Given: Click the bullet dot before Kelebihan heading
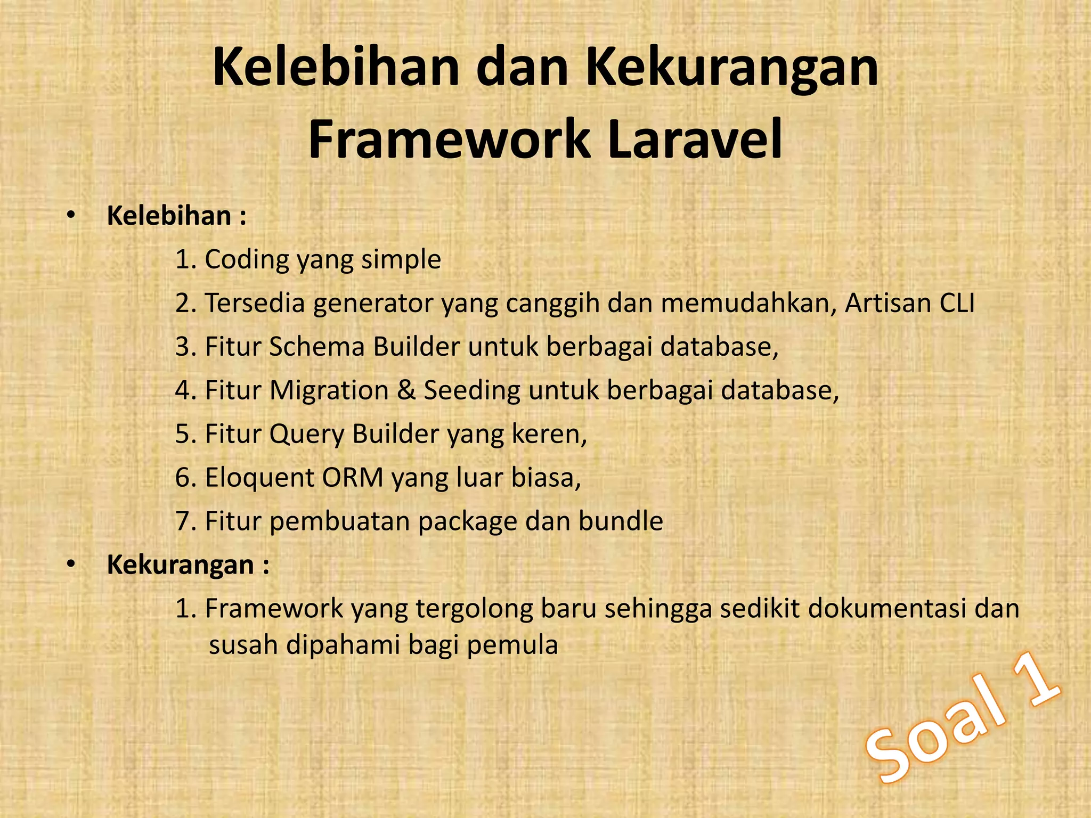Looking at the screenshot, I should tap(71, 216).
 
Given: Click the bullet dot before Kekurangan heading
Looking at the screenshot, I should tap(71, 565).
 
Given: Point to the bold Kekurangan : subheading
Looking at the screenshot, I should tap(188, 565).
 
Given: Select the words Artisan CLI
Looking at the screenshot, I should tap(909, 303).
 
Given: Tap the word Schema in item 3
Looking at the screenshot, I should tap(316, 347).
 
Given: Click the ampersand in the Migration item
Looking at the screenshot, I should tap(406, 390).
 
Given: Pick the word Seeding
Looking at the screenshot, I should tap(471, 390).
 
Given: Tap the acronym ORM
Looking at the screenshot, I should tap(352, 478).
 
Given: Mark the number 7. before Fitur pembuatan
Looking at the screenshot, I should tap(186, 521).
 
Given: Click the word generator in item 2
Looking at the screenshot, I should tap(374, 304).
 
